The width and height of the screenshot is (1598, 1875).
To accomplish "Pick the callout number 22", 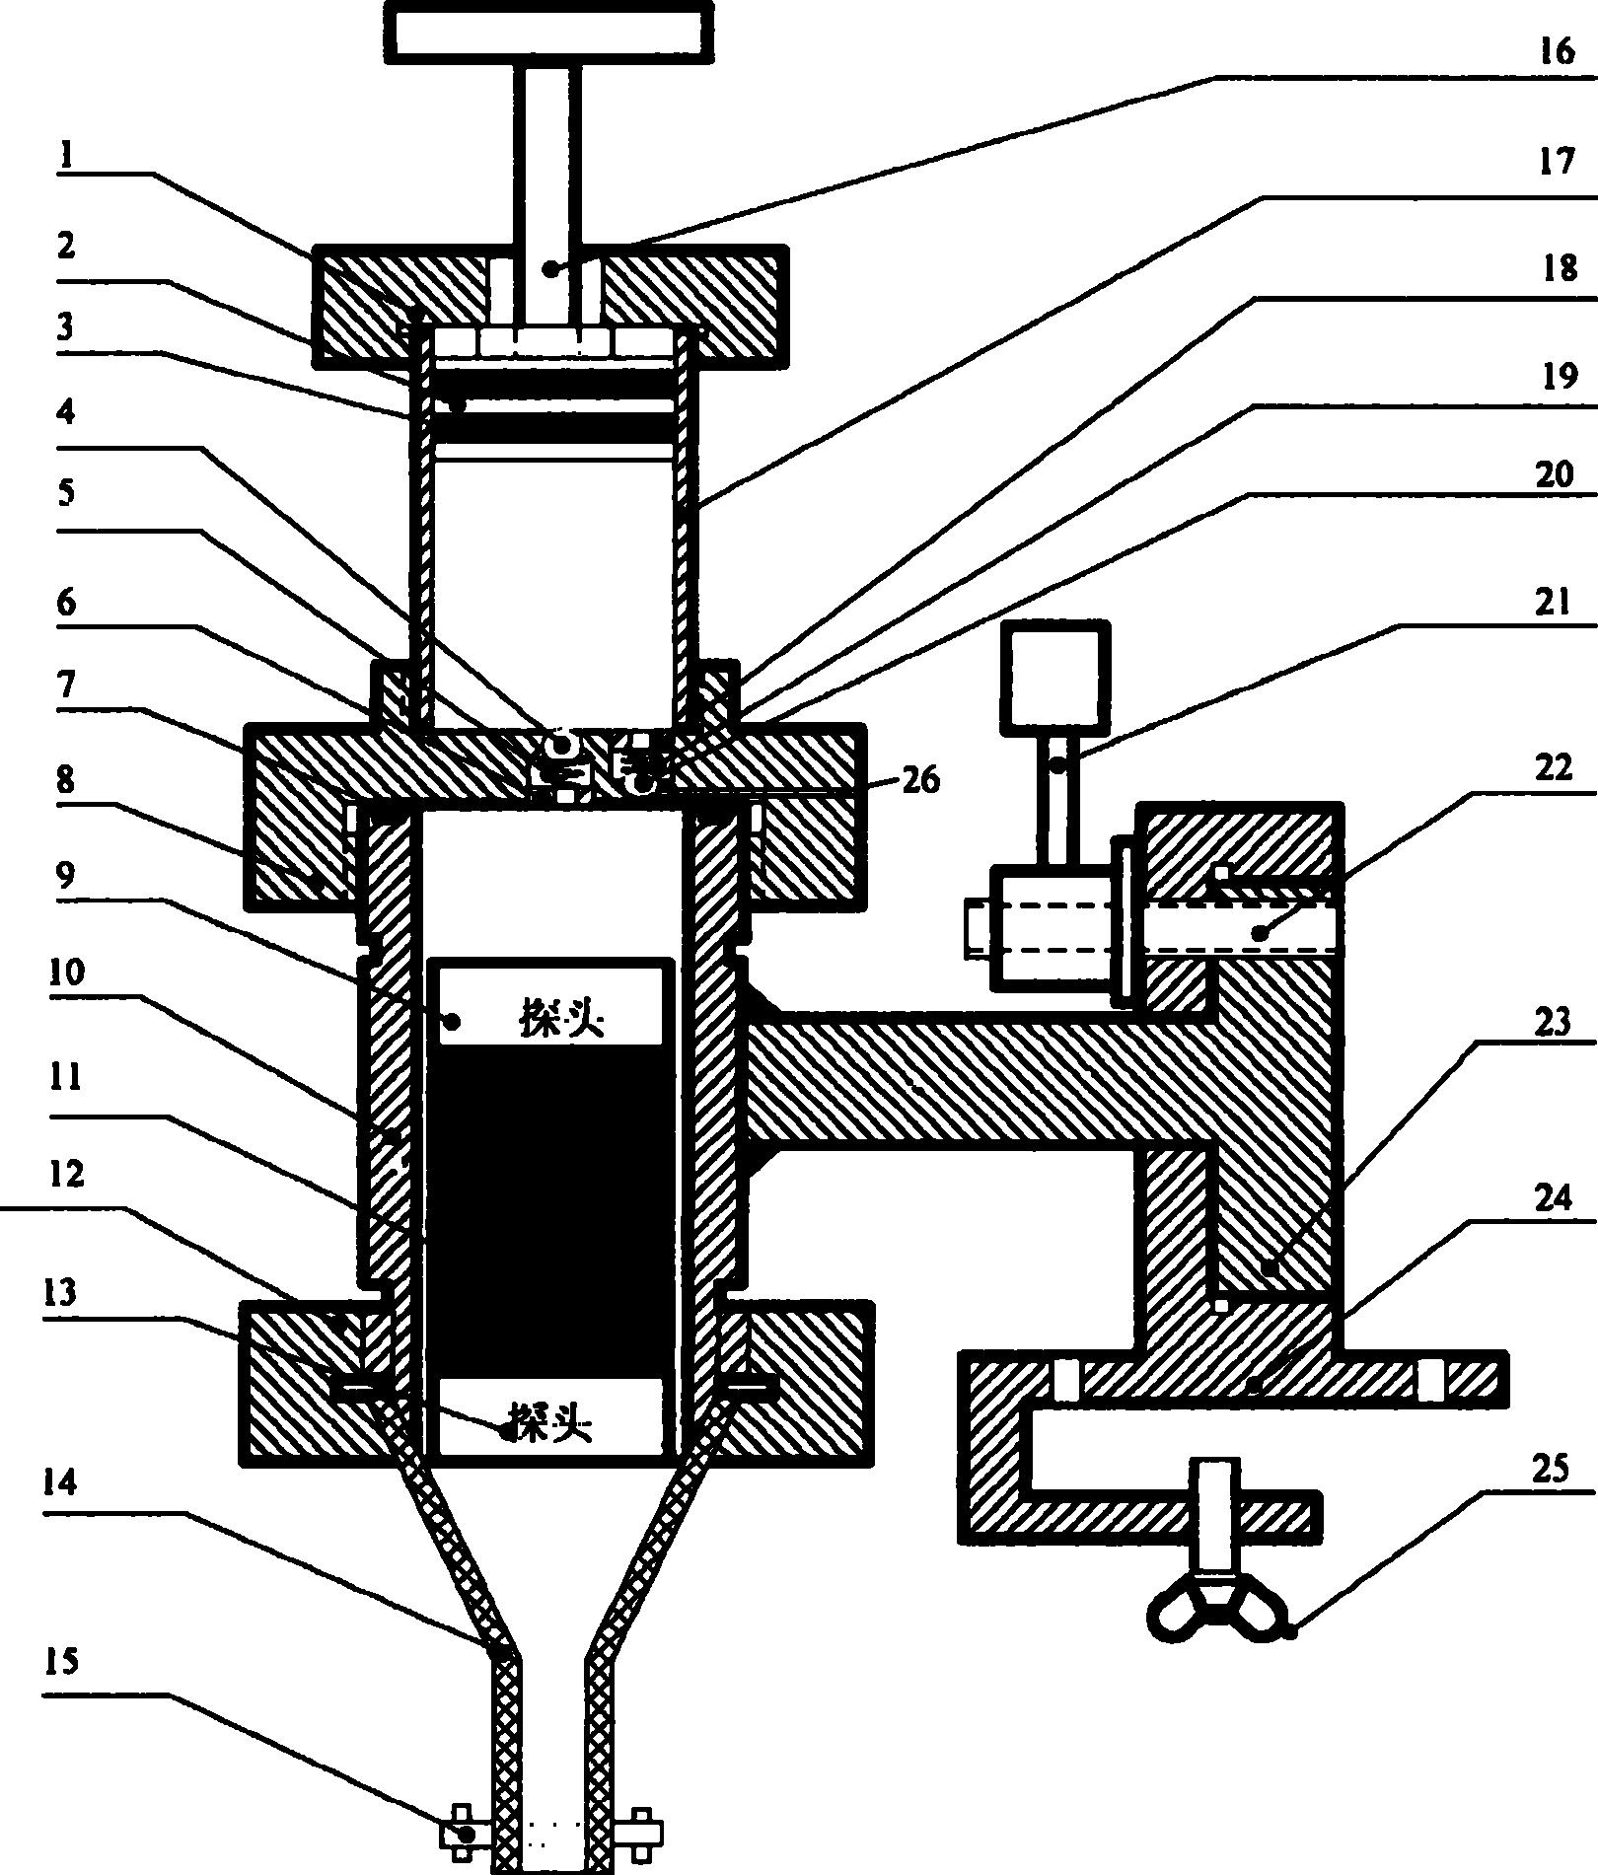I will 1554,766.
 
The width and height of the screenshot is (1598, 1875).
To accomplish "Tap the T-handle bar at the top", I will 549,32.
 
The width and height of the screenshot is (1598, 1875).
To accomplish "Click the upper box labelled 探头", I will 550,1005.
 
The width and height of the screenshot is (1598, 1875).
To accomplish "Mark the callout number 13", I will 61,1291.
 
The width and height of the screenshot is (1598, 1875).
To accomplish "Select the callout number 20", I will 1556,475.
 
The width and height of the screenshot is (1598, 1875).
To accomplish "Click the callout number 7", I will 66,685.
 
